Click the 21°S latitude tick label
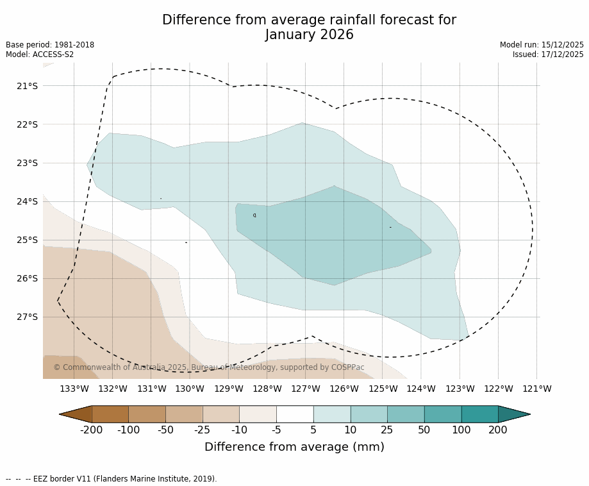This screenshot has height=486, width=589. point(27,86)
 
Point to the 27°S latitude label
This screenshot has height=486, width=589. point(27,317)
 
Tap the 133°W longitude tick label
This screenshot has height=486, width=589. point(74,389)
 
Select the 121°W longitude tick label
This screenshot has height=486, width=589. point(536,389)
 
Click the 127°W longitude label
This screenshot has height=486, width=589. point(305,389)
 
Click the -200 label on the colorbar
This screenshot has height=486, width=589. point(92,430)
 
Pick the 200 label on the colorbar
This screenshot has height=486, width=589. point(498,430)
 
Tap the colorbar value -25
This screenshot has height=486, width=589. point(203,430)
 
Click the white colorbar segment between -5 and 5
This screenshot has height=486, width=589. point(295,414)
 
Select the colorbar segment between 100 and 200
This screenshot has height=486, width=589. point(479,414)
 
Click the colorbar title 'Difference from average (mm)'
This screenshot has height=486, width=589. point(294,447)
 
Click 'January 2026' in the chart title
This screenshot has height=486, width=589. point(309,35)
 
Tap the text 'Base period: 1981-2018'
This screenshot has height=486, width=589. point(50,45)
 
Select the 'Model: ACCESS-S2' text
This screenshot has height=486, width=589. point(40,54)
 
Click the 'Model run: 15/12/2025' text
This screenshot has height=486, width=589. point(542,45)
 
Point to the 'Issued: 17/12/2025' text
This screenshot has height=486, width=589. point(548,54)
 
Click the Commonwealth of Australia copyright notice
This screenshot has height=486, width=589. point(208,367)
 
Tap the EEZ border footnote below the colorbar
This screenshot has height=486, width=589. point(112,478)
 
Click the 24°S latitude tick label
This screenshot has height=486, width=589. point(27,201)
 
